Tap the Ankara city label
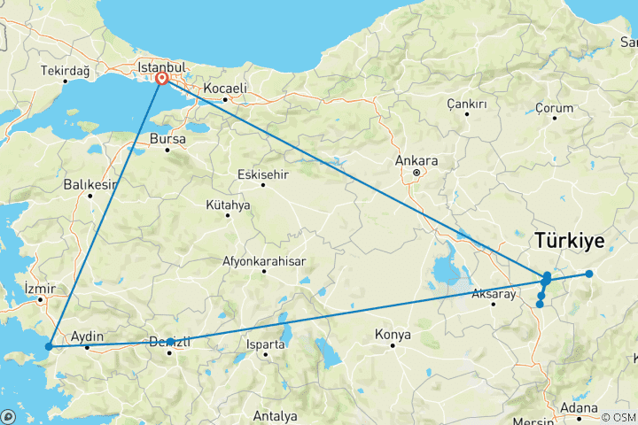418,160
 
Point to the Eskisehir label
264,174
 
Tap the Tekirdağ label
65,71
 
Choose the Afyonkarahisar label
263,261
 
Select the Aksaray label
494,294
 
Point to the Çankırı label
467,104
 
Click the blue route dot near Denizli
169,342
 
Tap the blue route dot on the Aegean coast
50,345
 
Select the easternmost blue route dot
588,274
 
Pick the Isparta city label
267,343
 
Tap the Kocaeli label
224,89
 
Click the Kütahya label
228,205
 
